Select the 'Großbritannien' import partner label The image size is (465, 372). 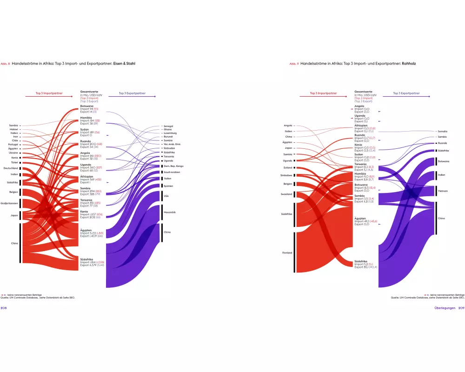pyautogui.click(x=9, y=203)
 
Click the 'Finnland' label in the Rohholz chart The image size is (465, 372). pyautogui.click(x=287, y=252)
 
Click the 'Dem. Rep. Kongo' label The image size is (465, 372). pyautogui.click(x=173, y=166)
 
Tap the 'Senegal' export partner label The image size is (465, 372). pyautogui.click(x=168, y=126)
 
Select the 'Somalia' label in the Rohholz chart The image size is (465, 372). pyautogui.click(x=443, y=132)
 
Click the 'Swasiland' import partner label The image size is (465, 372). pyautogui.click(x=286, y=194)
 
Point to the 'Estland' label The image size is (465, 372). pyautogui.click(x=287, y=167)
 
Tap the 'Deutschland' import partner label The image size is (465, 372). pyautogui.click(x=10, y=168)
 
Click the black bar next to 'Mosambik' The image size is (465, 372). pyautogui.click(x=162, y=213)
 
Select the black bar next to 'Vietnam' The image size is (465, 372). pyautogui.click(x=436, y=191)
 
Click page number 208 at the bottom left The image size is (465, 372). pyautogui.click(x=3, y=308)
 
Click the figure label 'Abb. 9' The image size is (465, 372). pyautogui.click(x=294, y=63)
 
